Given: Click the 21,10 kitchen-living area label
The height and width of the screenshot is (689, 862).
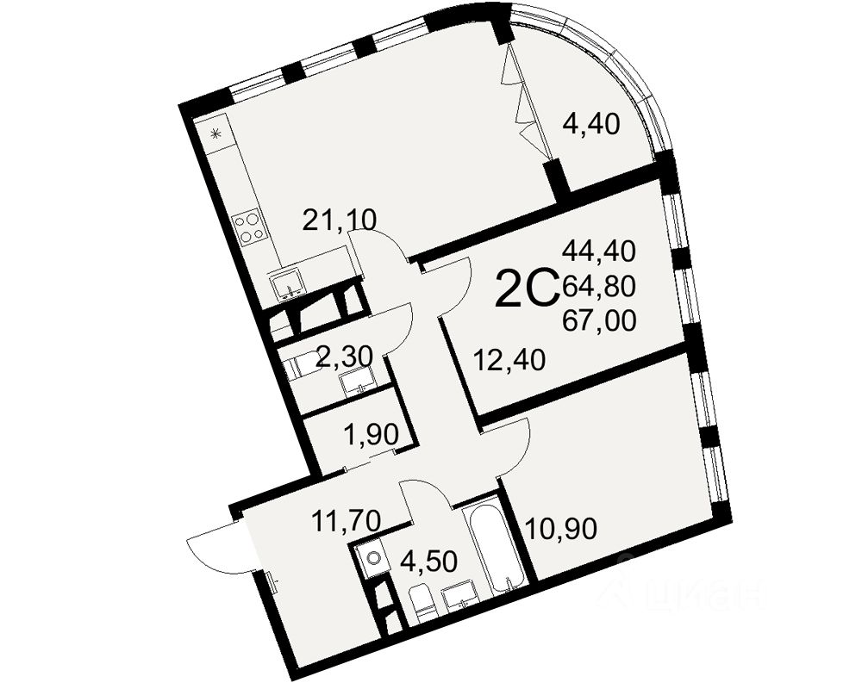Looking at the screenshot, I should coord(339,221).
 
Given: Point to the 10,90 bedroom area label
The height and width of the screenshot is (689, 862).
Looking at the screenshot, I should coord(561,523).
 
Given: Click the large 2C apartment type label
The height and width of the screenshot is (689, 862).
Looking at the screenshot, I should coord(526,289).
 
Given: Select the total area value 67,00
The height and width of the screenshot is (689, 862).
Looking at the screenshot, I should coord(599,321).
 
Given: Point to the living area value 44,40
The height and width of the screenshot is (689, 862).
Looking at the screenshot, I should coord(599,251).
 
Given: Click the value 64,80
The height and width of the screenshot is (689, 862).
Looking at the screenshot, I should coord(599,285).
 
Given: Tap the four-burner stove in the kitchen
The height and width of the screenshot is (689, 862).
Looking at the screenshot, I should coord(249,226).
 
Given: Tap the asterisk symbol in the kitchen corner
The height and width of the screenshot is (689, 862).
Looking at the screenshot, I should coord(216,133).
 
